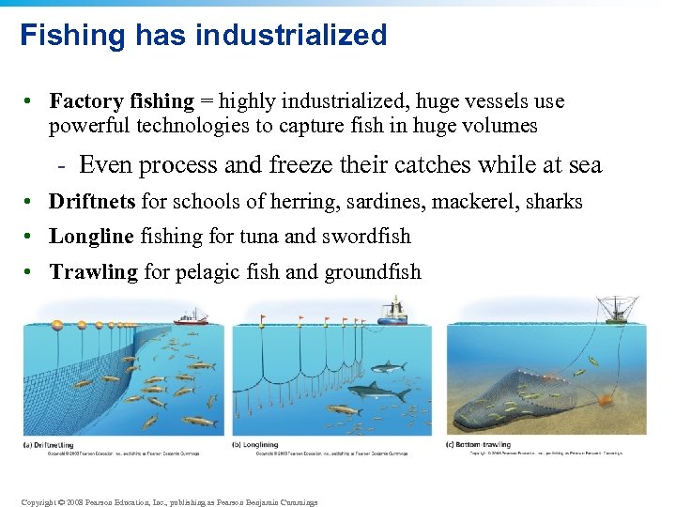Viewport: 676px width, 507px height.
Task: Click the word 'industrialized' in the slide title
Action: click(x=292, y=36)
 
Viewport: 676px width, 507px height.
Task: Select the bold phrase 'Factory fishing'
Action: click(x=121, y=101)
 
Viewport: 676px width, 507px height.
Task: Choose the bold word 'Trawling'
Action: click(x=93, y=272)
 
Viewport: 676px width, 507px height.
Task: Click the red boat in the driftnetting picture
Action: click(x=191, y=317)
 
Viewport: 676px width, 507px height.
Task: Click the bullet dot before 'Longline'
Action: click(x=31, y=238)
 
